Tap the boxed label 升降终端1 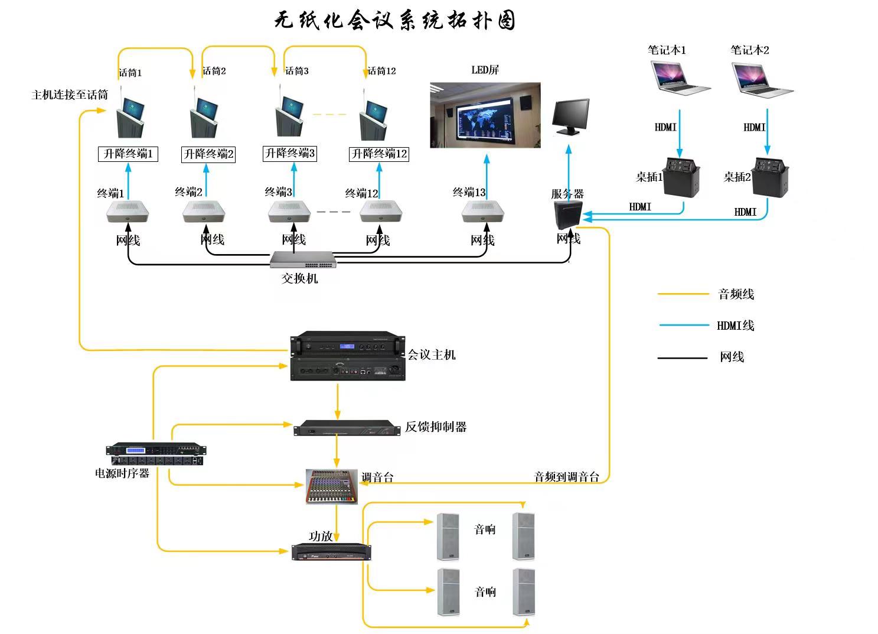(x=128, y=154)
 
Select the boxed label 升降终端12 (x=379, y=154)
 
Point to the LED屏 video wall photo (x=485, y=115)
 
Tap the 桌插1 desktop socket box (x=681, y=176)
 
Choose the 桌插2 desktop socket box (x=771, y=176)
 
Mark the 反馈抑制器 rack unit (x=347, y=427)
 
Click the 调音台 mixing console (x=332, y=486)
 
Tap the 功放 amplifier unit (x=331, y=552)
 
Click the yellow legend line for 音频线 (x=683, y=294)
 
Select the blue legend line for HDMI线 (x=684, y=325)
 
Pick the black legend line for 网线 (x=683, y=357)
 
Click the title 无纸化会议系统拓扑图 (x=395, y=21)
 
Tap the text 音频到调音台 (x=566, y=477)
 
